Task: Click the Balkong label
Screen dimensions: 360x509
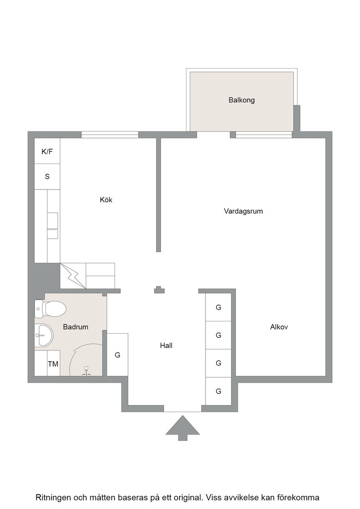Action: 241,100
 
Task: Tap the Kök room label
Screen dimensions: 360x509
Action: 106,200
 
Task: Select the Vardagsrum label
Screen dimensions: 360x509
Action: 243,211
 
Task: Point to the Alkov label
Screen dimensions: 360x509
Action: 279,327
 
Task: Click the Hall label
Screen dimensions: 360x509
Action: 166,345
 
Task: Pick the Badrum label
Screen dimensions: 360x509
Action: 75,327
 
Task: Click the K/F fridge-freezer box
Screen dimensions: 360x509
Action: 47,151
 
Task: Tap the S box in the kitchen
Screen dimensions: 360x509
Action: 47,177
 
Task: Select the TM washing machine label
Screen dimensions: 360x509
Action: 53,364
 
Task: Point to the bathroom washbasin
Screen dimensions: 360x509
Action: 44,335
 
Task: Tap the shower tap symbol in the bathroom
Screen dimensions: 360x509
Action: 86,371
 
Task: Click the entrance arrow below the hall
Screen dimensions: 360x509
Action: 182,428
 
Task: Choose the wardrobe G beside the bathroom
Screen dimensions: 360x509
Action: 117,355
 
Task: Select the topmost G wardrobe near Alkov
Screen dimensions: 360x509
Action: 219,307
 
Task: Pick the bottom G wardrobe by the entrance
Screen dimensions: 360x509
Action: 219,391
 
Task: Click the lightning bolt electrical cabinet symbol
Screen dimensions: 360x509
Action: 73,275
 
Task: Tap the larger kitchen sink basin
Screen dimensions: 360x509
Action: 53,220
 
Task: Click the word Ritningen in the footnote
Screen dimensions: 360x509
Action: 53,498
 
